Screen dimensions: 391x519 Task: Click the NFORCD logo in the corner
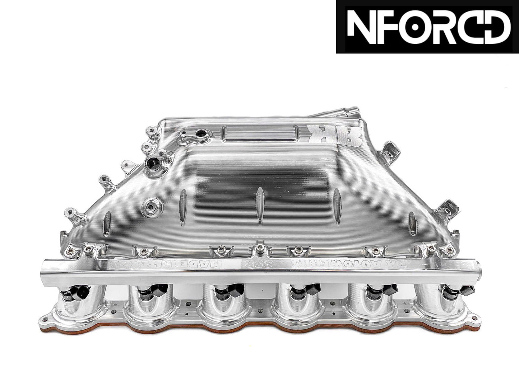point(427,27)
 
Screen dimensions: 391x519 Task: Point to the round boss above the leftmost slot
point(150,206)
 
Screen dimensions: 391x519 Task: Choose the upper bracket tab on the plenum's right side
point(389,150)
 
